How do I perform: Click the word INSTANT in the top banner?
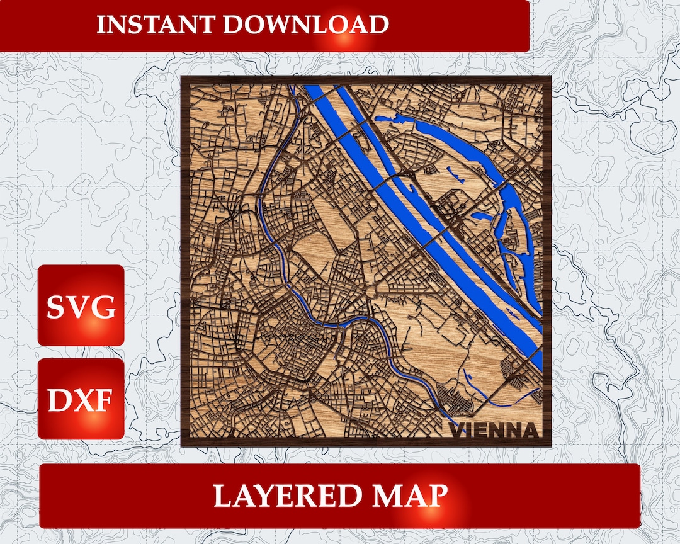(x=156, y=25)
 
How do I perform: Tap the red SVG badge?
(x=81, y=305)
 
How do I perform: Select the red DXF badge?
(x=81, y=399)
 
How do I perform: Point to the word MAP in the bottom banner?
(x=412, y=496)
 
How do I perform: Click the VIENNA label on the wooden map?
(x=495, y=431)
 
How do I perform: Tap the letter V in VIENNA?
(x=456, y=431)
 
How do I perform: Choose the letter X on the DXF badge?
(x=81, y=400)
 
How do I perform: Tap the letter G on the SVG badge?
(x=105, y=307)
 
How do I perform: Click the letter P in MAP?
(x=436, y=496)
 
